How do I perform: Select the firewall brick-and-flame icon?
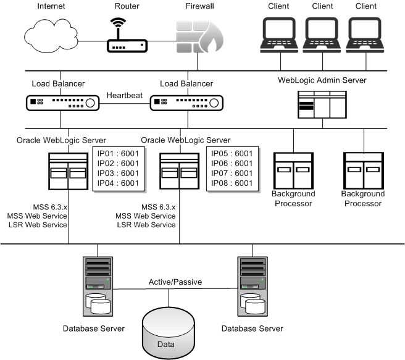(x=194, y=39)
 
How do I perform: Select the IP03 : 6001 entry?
(x=117, y=174)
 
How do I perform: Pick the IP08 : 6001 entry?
(x=232, y=183)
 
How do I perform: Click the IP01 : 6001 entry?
(x=117, y=154)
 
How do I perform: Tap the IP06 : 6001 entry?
(x=232, y=164)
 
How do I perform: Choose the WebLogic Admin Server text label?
(x=324, y=80)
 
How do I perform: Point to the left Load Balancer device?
(x=61, y=103)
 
